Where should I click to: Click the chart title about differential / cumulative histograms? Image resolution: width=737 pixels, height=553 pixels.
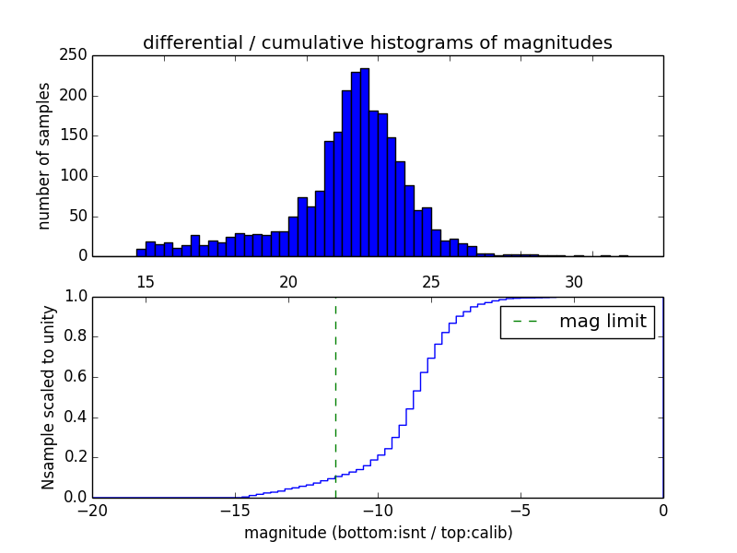pyautogui.click(x=377, y=42)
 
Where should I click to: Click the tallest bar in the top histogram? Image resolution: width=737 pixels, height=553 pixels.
pyautogui.click(x=365, y=166)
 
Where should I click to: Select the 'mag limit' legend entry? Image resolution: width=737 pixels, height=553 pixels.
pyautogui.click(x=577, y=322)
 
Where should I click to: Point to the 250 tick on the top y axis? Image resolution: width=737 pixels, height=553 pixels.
pyautogui.click(x=76, y=55)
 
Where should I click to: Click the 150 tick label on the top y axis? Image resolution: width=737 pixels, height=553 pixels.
pyautogui.click(x=76, y=135)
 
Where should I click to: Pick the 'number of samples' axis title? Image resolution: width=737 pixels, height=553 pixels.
pyautogui.click(x=44, y=156)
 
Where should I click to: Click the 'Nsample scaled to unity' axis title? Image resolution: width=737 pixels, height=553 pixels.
pyautogui.click(x=48, y=397)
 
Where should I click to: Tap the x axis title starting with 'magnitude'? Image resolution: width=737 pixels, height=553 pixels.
pyautogui.click(x=378, y=533)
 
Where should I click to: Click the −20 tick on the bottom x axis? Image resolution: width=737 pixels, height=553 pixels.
pyautogui.click(x=92, y=510)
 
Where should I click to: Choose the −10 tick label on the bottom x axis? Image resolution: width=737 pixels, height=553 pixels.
pyautogui.click(x=377, y=510)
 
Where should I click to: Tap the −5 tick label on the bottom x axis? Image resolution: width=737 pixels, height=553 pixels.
pyautogui.click(x=520, y=510)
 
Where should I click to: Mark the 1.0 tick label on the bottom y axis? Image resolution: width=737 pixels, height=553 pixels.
pyautogui.click(x=74, y=297)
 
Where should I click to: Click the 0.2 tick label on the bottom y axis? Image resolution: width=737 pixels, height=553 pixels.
pyautogui.click(x=74, y=457)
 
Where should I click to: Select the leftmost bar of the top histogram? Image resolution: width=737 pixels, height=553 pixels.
pyautogui.click(x=141, y=253)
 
